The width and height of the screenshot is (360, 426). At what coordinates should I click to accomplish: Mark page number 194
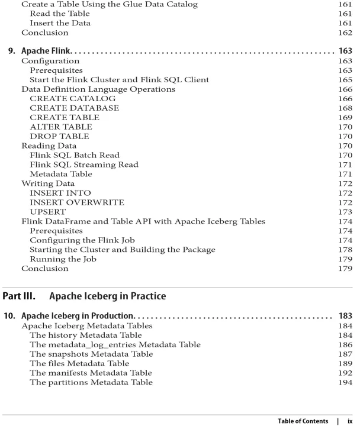point(345,382)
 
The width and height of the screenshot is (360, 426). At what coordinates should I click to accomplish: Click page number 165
point(345,79)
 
